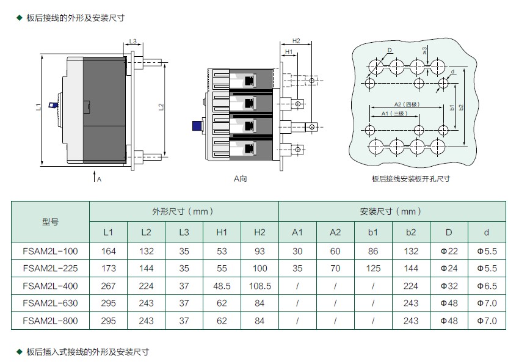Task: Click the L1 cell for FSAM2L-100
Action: [108, 251]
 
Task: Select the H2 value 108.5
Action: [260, 286]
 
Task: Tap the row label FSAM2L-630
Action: [50, 303]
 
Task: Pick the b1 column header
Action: [373, 232]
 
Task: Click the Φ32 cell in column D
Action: [449, 286]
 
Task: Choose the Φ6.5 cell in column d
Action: [487, 286]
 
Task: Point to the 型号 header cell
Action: [50, 222]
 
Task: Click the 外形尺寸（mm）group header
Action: [184, 211]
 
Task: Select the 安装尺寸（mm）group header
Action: [391, 211]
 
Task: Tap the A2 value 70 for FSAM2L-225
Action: [335, 268]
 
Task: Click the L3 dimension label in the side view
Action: [132, 41]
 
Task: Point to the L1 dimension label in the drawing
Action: [38, 107]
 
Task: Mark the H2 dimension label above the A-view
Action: [296, 41]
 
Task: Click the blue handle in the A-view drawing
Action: [198, 126]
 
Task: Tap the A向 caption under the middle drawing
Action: [241, 179]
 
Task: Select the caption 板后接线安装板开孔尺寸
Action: [411, 179]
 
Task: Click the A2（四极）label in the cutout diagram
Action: [407, 104]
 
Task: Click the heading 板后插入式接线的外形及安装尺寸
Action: [88, 352]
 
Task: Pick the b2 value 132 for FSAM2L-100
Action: [411, 251]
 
